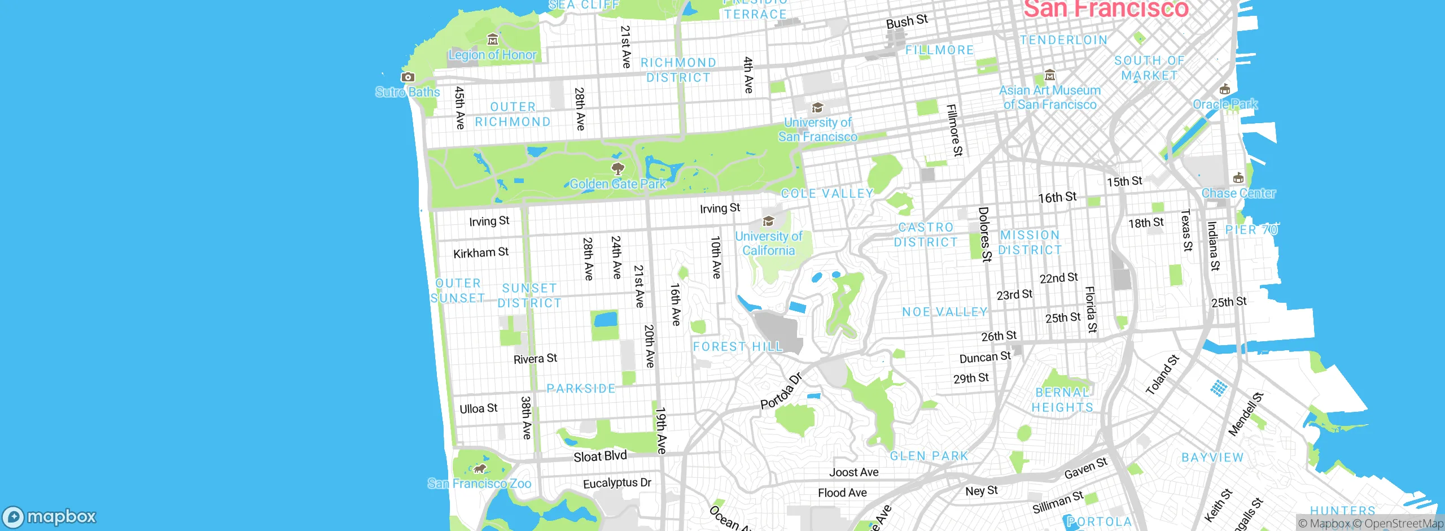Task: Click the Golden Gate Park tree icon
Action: [618, 168]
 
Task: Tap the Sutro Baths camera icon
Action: [408, 77]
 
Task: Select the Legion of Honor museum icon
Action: [493, 40]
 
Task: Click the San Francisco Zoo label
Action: [479, 484]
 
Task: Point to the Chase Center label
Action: [1238, 193]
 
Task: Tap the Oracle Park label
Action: [1225, 105]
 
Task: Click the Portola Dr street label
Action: [782, 391]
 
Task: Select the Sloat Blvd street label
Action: [600, 456]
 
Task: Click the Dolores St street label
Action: [984, 234]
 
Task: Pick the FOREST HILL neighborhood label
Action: [738, 346]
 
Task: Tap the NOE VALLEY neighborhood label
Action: [945, 312]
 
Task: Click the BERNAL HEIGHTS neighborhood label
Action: [1062, 400]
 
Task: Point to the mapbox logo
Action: [50, 517]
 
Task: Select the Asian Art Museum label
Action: [1050, 97]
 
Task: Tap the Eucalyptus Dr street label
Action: [617, 483]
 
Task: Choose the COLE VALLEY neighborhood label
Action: [827, 193]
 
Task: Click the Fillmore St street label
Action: [954, 130]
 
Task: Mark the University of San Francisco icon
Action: [817, 108]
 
